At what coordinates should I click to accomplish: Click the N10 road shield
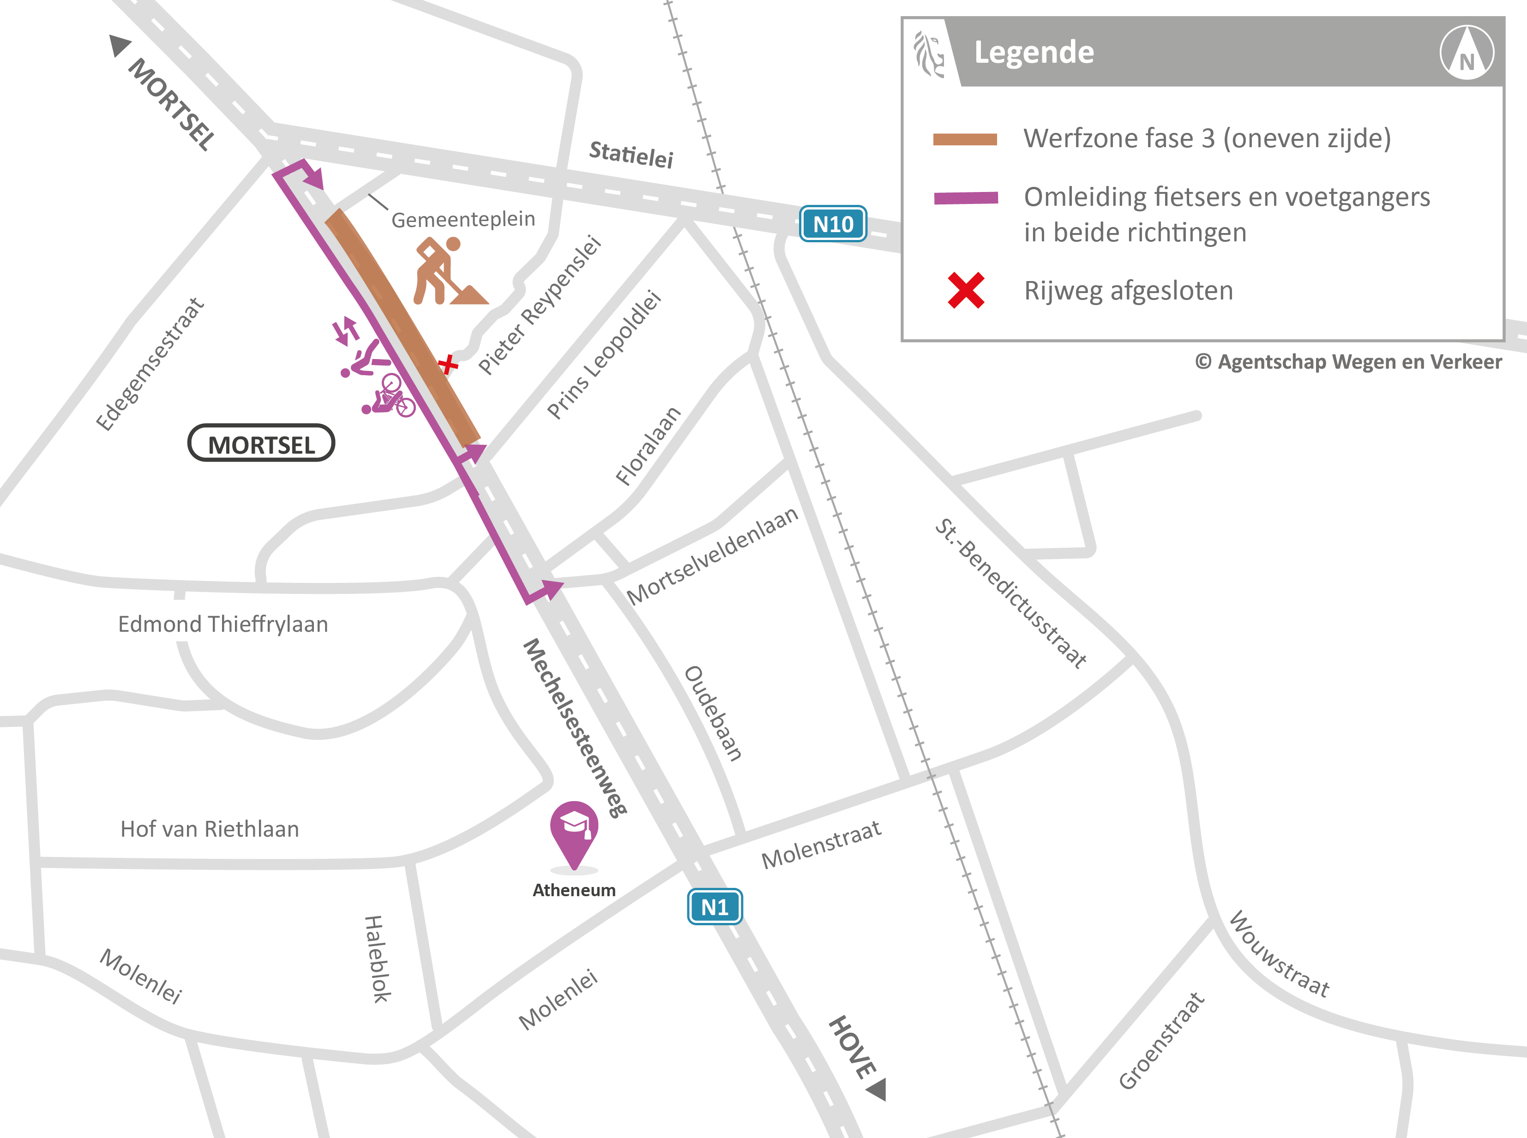tap(832, 224)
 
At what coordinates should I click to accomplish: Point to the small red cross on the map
tap(448, 364)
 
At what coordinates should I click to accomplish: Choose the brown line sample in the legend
tap(965, 139)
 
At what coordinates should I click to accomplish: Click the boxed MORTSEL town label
tap(261, 443)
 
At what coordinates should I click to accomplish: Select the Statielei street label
tap(631, 154)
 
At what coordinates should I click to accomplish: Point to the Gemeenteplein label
tap(463, 220)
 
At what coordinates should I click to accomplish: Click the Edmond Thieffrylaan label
tap(222, 624)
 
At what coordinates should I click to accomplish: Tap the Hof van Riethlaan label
tap(210, 829)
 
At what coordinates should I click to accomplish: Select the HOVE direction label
tap(853, 1047)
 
